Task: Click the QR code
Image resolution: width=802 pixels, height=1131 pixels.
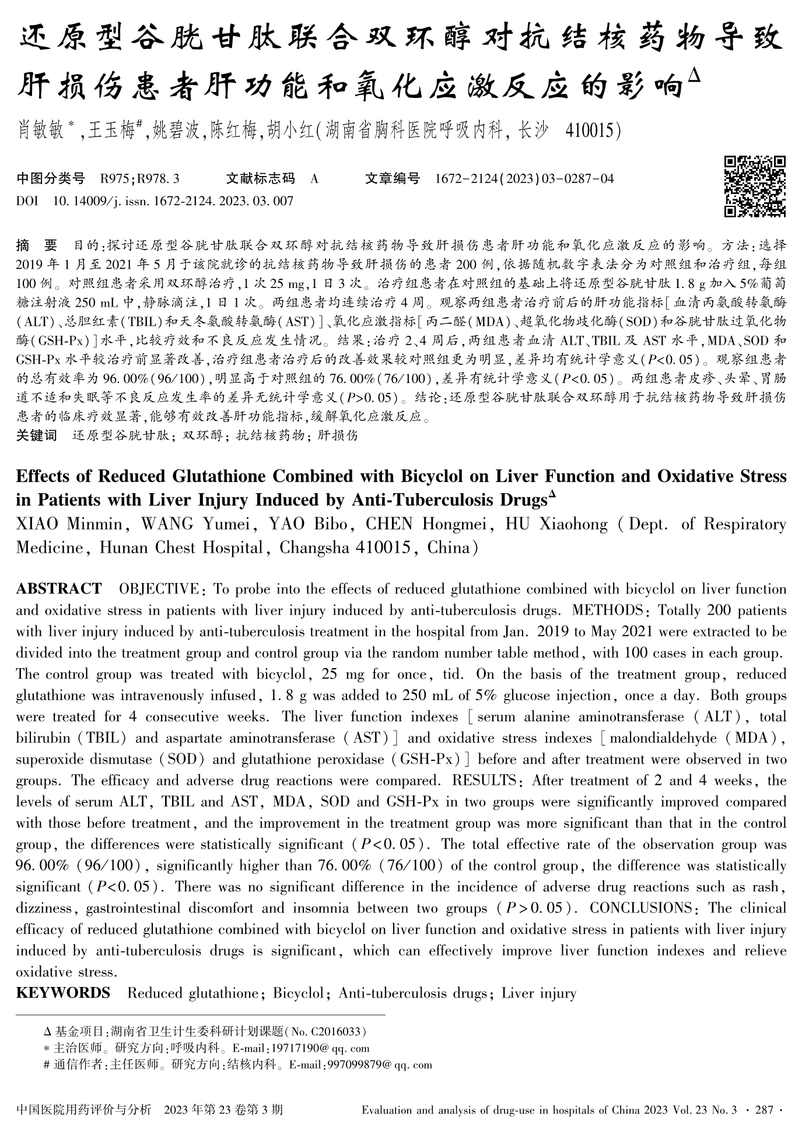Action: pyautogui.click(x=755, y=187)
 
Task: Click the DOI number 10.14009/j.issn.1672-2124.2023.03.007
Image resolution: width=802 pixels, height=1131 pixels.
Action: pyautogui.click(x=173, y=202)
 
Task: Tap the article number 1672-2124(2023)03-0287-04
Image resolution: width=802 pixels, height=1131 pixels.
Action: pyautogui.click(x=524, y=179)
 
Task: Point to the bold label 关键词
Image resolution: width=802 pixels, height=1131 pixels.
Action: pyautogui.click(x=36, y=435)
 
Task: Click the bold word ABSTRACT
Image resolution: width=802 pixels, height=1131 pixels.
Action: pyautogui.click(x=58, y=589)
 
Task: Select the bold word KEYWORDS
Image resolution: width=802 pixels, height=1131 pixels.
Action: pyautogui.click(x=63, y=993)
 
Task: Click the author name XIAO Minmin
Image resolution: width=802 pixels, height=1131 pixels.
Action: pyautogui.click(x=69, y=524)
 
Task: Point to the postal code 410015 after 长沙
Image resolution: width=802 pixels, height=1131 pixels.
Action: pyautogui.click(x=592, y=131)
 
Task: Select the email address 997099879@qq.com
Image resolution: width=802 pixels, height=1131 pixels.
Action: pyautogui.click(x=380, y=1065)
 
